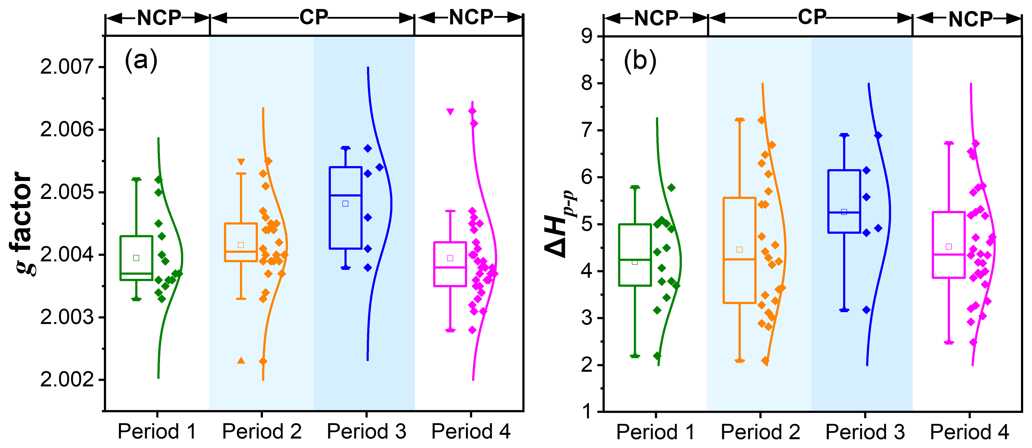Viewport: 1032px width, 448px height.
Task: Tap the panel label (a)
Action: pyautogui.click(x=141, y=61)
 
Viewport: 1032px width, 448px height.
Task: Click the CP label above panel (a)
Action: pyautogui.click(x=314, y=18)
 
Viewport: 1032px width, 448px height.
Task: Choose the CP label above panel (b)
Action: pyautogui.click(x=812, y=18)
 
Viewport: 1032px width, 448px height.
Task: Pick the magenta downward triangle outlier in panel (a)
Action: pyautogui.click(x=450, y=112)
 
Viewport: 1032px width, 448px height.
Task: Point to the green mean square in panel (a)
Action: pyautogui.click(x=136, y=258)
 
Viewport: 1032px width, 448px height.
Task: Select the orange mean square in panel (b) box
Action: pyautogui.click(x=739, y=250)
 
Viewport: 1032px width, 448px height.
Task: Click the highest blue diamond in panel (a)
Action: pyautogui.click(x=368, y=148)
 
